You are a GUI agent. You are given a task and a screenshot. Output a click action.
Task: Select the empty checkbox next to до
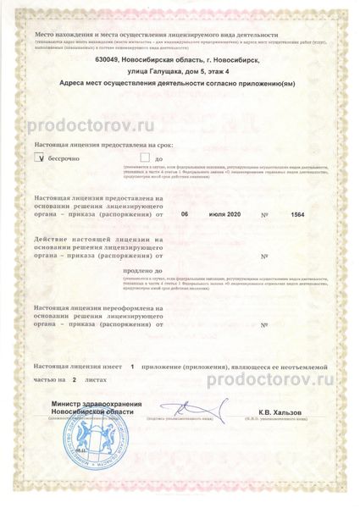pos(145,157)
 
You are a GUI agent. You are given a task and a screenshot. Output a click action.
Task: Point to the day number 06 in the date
pos(186,214)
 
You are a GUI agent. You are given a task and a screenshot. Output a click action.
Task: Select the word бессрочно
pos(67,157)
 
